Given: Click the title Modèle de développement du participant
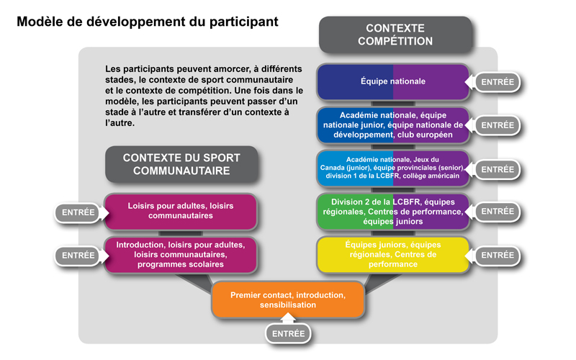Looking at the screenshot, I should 148,22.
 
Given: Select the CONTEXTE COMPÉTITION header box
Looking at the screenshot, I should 395,34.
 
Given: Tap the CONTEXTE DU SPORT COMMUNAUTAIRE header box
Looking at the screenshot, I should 181,164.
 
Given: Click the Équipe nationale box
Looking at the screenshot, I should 393,81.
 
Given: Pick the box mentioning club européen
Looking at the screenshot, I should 393,125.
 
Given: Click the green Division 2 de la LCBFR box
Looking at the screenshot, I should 393,212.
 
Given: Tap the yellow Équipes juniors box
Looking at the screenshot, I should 393,255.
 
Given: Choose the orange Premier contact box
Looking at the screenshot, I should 288,300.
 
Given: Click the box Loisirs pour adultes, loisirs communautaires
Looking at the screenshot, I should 181,210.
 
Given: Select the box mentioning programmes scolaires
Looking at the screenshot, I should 181,255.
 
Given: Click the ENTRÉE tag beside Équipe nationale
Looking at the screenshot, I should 497,82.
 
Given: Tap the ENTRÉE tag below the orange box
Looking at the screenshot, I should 288,334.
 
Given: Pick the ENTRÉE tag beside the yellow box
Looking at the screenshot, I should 497,255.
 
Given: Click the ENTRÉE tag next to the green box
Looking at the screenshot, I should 497,212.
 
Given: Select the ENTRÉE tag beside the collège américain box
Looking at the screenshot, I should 497,169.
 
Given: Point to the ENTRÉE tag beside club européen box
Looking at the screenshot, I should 497,125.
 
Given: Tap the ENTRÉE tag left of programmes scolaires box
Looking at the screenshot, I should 78,255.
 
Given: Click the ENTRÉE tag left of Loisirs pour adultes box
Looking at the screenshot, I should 78,212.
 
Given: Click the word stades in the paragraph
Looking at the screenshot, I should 120,81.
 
